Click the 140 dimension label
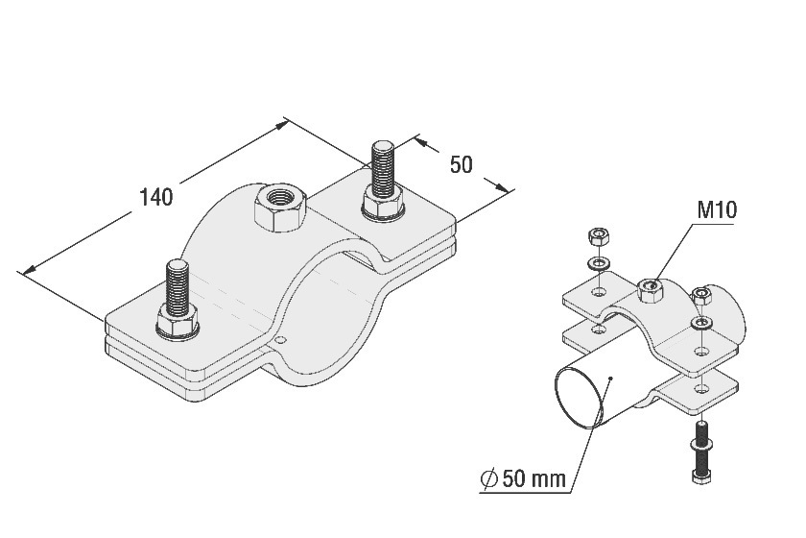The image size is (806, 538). click(x=156, y=197)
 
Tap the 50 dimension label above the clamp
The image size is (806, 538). click(x=462, y=164)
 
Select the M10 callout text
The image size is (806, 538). click(x=717, y=209)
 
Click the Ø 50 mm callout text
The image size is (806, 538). click(x=523, y=478)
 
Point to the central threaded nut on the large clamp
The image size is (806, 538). click(x=280, y=207)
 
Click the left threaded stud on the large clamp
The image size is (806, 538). click(x=178, y=288)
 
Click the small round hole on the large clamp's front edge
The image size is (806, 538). click(x=279, y=340)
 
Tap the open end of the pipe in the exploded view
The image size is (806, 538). click(x=579, y=394)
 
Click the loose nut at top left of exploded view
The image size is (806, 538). click(x=597, y=237)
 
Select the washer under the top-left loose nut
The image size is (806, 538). click(x=597, y=264)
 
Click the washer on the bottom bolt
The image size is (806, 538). click(x=701, y=444)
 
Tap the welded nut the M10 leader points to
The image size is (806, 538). click(x=650, y=290)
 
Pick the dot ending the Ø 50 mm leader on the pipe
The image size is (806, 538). click(x=610, y=379)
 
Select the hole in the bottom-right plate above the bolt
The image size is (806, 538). click(x=701, y=391)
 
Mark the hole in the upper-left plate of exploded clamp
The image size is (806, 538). click(x=597, y=292)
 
